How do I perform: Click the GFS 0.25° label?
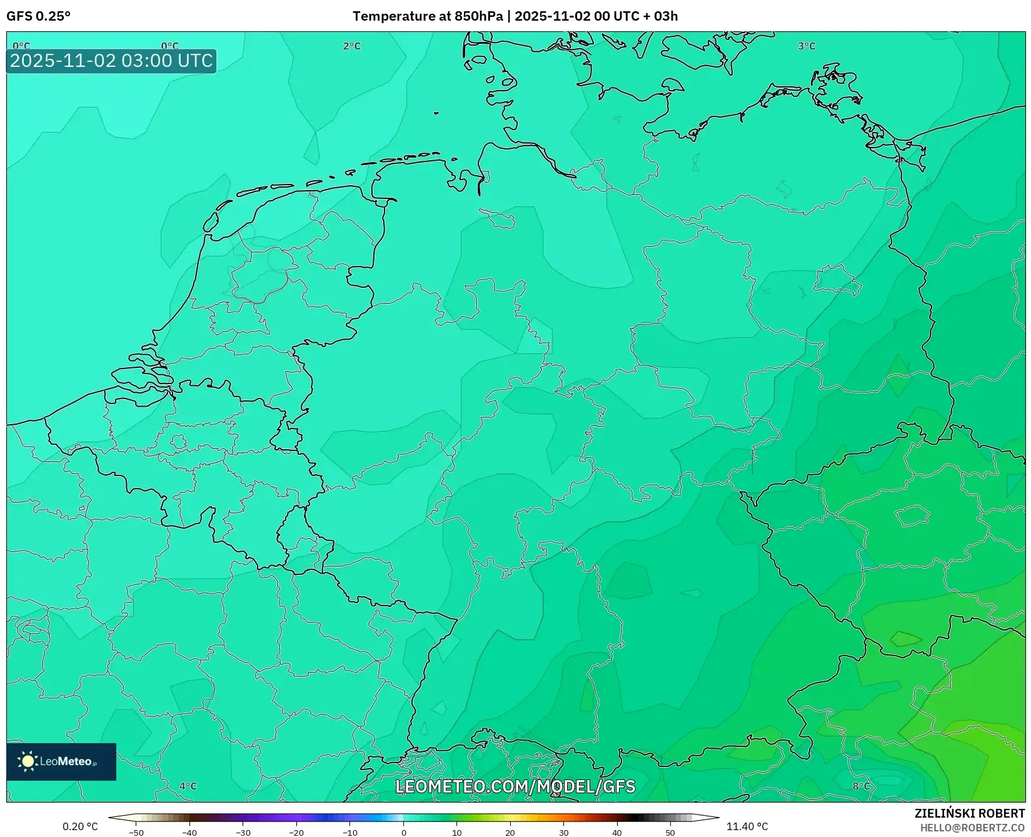tap(38, 16)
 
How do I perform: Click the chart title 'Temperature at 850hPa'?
tap(427, 16)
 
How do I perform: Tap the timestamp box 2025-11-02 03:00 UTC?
tap(111, 61)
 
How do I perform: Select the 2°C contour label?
tap(352, 46)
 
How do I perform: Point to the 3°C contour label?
tap(807, 46)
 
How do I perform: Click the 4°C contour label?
tap(188, 786)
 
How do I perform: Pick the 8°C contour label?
tap(861, 786)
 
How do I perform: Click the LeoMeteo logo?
tap(61, 761)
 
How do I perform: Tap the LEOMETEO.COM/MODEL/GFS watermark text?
tap(515, 786)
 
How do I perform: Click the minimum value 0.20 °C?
tap(80, 826)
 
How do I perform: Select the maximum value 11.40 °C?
tap(747, 826)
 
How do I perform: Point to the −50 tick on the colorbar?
tap(136, 832)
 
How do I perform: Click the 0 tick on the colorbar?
tap(404, 832)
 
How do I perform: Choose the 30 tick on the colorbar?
tap(564, 832)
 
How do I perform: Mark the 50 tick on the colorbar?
tap(670, 832)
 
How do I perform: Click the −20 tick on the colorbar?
tap(296, 832)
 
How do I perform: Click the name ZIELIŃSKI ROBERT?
tap(969, 813)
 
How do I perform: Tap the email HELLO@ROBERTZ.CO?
tap(972, 828)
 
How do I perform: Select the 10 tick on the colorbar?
tap(457, 832)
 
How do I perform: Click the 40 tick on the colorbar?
tap(617, 832)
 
